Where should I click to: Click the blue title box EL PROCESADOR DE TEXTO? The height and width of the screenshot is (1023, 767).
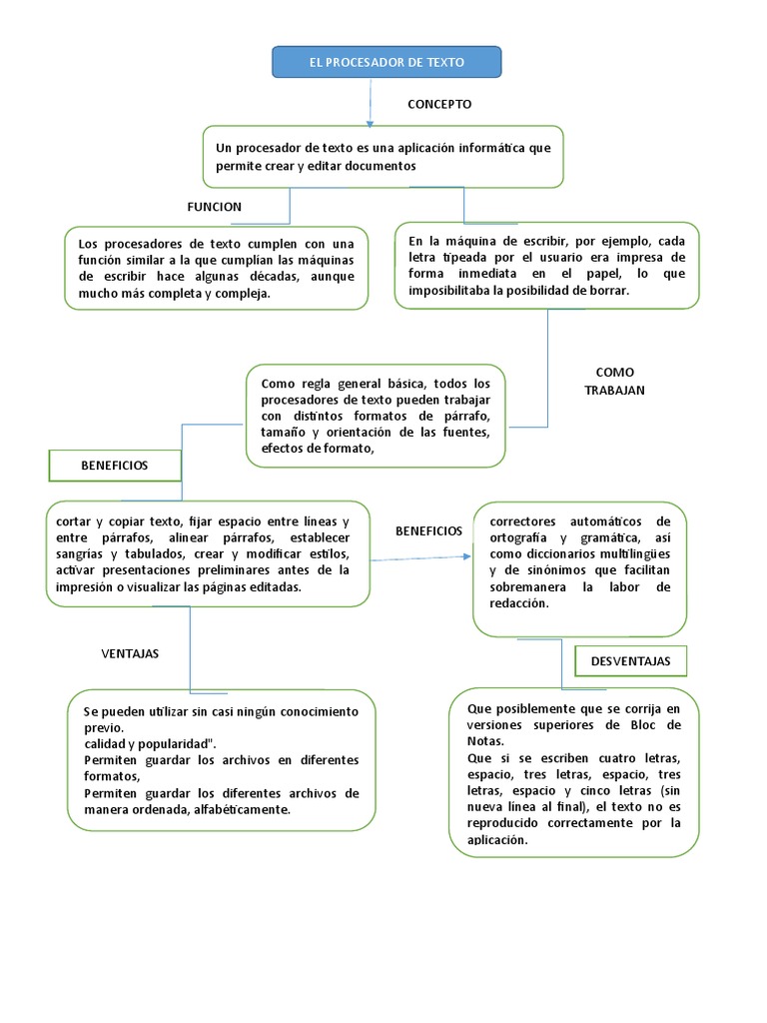click(x=386, y=62)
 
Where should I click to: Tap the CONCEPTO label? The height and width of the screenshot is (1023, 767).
click(x=439, y=104)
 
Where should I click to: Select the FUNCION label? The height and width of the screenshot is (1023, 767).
click(x=214, y=207)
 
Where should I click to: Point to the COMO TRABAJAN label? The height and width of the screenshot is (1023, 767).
click(x=614, y=381)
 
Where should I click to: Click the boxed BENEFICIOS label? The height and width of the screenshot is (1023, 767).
click(x=115, y=466)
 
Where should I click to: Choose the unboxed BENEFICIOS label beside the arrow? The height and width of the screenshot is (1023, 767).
click(x=428, y=531)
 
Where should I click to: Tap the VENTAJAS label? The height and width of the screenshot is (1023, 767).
click(x=130, y=653)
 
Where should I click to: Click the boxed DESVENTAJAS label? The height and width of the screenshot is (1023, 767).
click(x=630, y=661)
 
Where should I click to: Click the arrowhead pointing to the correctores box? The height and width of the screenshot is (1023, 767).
click(x=470, y=558)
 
